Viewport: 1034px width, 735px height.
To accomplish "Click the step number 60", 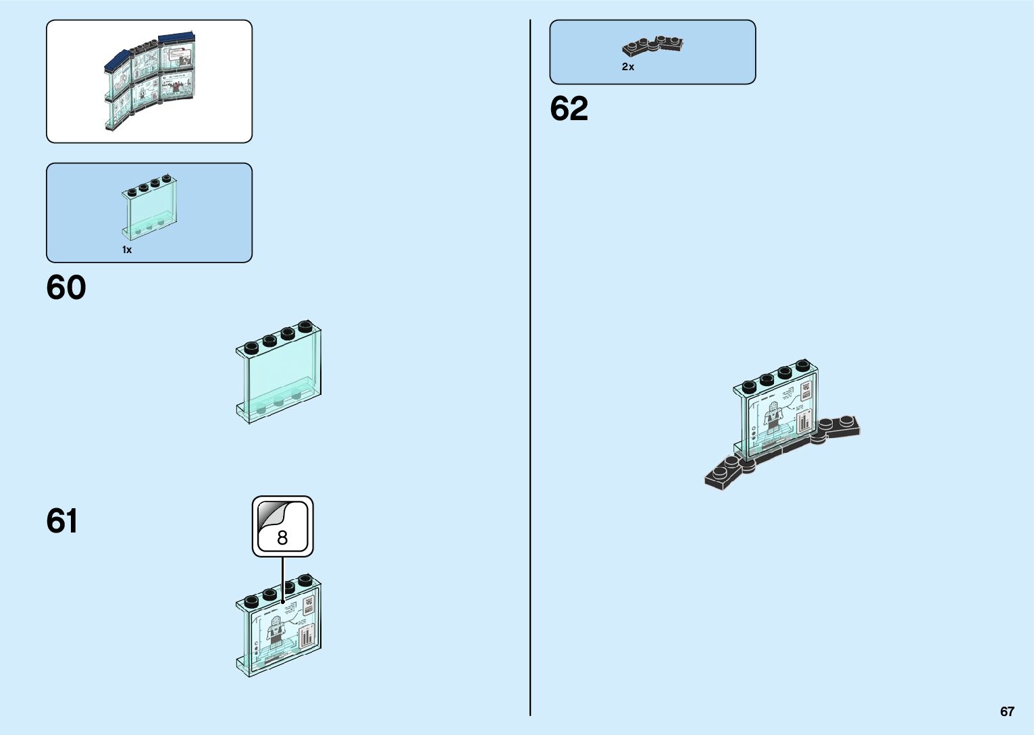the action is (66, 288).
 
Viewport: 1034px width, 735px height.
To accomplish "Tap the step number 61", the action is (61, 521).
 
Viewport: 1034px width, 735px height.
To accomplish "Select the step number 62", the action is (569, 109).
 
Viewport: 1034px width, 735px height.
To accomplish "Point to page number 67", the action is (1007, 711).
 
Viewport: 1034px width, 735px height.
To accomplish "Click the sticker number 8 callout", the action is (282, 526).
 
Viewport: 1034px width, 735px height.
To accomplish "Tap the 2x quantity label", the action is (628, 67).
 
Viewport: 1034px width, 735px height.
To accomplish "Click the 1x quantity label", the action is (127, 250).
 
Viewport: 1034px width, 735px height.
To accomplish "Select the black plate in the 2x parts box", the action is (652, 46).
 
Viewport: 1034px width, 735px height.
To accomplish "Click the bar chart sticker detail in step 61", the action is (307, 636).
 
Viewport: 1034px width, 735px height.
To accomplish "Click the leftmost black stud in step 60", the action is (251, 348).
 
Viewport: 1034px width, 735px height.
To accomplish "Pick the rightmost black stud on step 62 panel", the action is (802, 366).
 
